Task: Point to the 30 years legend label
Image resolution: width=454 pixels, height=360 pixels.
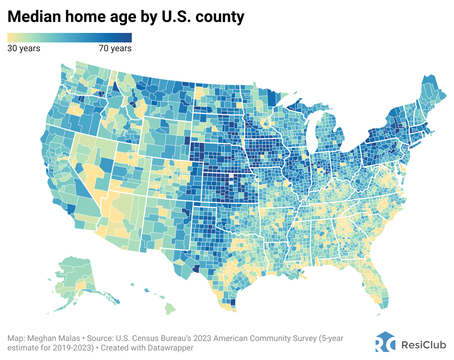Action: click(x=24, y=48)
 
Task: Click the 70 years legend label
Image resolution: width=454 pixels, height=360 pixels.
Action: click(x=115, y=48)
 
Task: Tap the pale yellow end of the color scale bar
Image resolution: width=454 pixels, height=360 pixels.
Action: click(x=10, y=38)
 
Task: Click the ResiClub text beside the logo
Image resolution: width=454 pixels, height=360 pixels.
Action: click(x=424, y=345)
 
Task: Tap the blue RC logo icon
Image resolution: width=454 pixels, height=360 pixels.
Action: click(x=385, y=342)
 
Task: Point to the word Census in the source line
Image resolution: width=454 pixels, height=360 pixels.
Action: click(x=141, y=338)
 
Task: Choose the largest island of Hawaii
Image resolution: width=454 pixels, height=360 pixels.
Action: click(x=170, y=308)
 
